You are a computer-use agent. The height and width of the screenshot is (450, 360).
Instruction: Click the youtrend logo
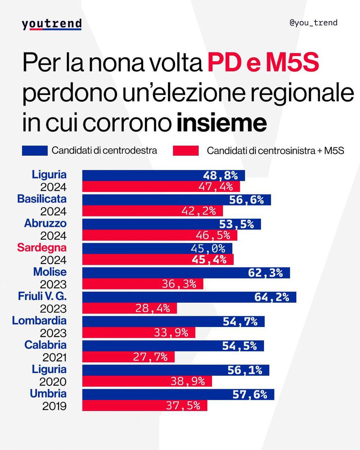click(52, 24)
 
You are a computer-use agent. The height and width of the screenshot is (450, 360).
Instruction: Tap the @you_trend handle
click(313, 23)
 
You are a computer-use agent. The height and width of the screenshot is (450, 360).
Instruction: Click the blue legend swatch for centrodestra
click(35, 151)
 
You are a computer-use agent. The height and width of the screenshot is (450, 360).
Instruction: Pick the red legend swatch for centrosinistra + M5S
click(186, 151)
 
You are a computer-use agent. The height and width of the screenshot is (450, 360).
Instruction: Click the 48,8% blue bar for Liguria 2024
click(163, 175)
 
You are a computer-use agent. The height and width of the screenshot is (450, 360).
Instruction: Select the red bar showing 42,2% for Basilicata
click(152, 211)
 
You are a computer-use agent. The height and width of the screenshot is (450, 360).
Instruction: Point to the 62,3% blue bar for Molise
click(186, 273)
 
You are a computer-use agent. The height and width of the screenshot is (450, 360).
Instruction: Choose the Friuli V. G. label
click(42, 296)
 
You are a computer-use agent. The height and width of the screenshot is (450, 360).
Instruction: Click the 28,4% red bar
click(129, 308)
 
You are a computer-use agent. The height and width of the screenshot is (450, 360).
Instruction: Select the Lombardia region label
click(39, 321)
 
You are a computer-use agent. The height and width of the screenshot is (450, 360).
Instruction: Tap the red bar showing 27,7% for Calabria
click(128, 357)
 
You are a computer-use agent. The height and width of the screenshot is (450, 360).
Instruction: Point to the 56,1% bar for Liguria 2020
click(175, 370)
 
